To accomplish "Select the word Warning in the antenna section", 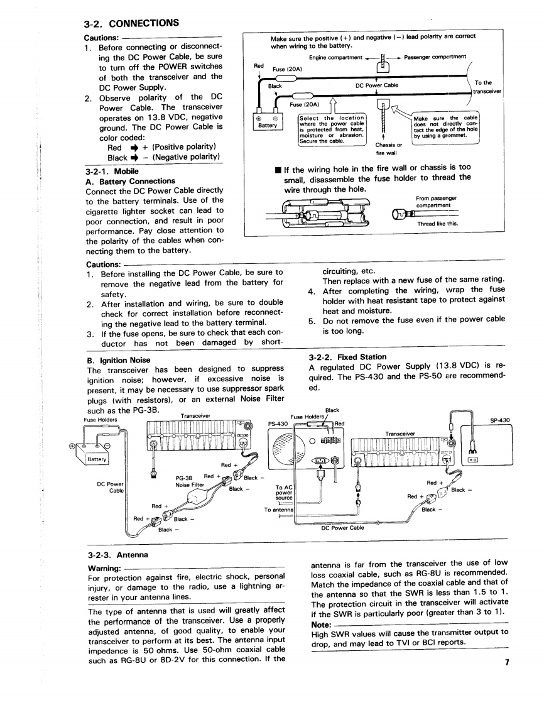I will tap(104, 568).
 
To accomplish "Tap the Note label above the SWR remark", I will tap(322, 625).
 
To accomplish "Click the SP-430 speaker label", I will tap(500, 420).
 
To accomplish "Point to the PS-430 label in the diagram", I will tap(278, 423).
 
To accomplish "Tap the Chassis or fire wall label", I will tap(386, 149).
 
